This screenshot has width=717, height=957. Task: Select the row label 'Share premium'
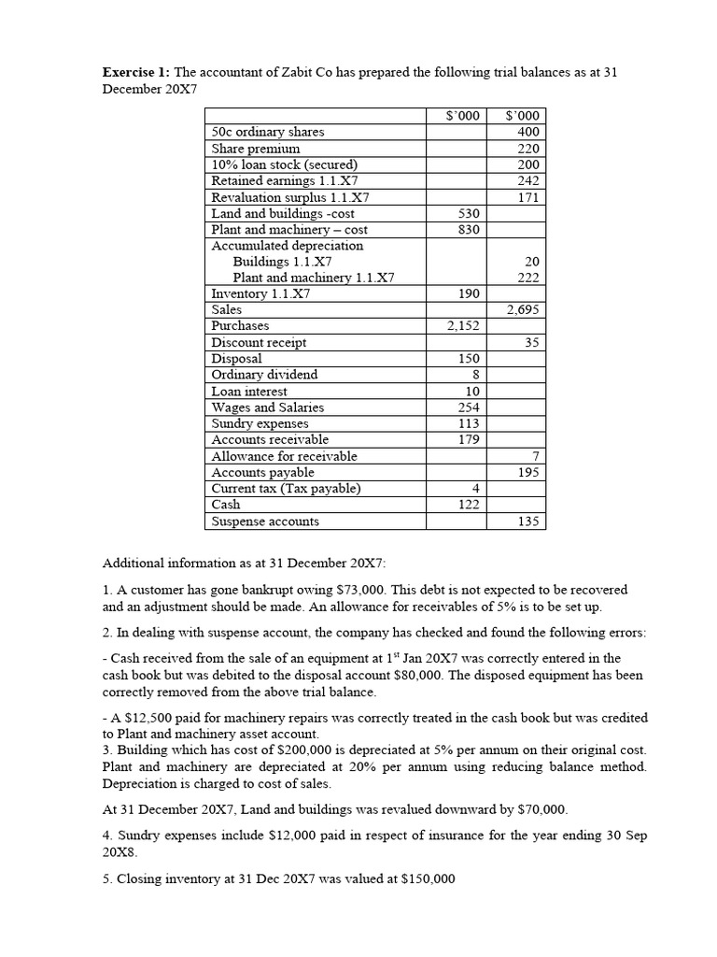click(x=256, y=149)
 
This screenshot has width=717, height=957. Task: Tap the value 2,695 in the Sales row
click(x=522, y=310)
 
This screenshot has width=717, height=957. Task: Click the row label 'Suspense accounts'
click(x=265, y=521)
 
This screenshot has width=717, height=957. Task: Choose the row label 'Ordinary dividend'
click(x=264, y=375)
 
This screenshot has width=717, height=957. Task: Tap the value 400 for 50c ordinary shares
click(x=527, y=133)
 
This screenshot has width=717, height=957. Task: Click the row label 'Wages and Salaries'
click(x=268, y=407)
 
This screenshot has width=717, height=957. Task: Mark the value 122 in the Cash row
click(x=468, y=505)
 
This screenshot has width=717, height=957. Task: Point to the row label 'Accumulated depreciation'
click(x=288, y=246)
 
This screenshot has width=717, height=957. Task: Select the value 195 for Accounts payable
click(x=527, y=473)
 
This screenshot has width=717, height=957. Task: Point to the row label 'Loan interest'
click(x=249, y=392)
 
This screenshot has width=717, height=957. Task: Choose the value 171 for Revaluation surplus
click(x=527, y=197)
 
